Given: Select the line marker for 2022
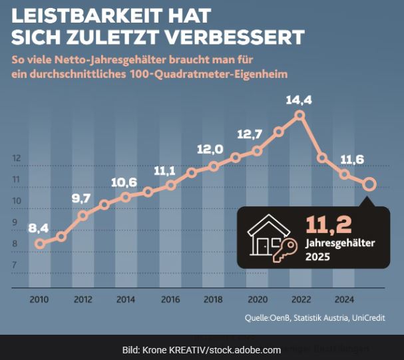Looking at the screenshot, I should pyautogui.click(x=300, y=115).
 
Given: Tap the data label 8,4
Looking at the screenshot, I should pyautogui.click(x=38, y=228).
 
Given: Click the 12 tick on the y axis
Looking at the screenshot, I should pyautogui.click(x=17, y=158).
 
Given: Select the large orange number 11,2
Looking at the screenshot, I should pyautogui.click(x=329, y=224).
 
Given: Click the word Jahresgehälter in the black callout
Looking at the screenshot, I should pyautogui.click(x=340, y=243).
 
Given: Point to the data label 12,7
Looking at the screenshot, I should pyautogui.click(x=249, y=134).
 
